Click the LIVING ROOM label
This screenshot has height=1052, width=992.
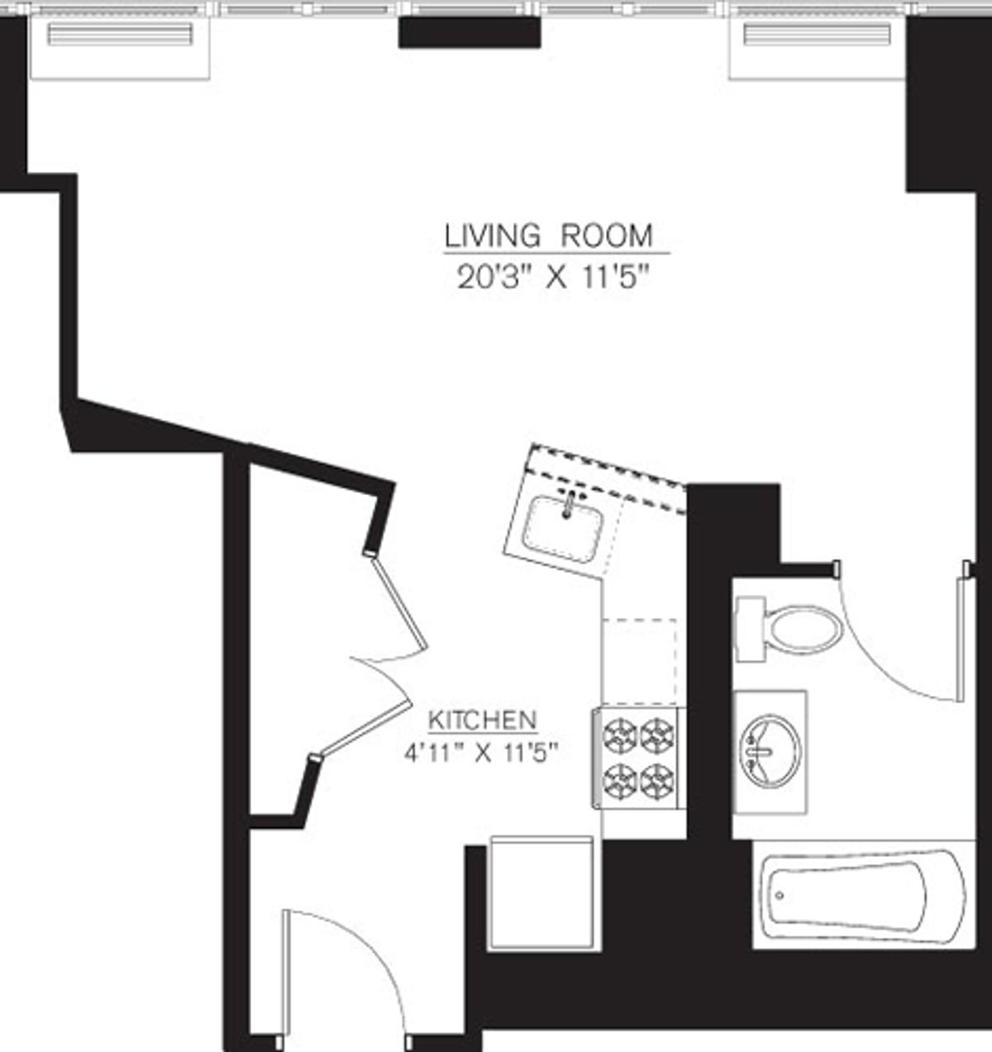click(549, 236)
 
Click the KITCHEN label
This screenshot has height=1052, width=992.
click(483, 720)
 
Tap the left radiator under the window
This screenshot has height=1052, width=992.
click(119, 35)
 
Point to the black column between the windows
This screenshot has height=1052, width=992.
click(470, 32)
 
